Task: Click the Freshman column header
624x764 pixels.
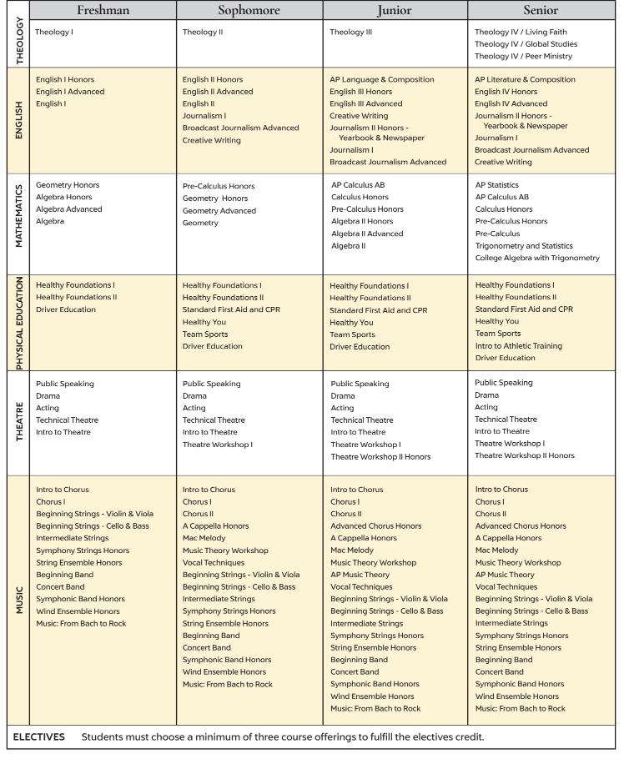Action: pos(103,11)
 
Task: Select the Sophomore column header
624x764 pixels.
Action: pos(249,11)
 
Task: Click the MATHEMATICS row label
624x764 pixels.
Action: pos(17,222)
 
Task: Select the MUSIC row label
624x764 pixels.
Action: pos(17,600)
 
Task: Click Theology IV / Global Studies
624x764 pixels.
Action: pos(526,44)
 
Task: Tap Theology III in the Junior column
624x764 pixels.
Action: pos(351,32)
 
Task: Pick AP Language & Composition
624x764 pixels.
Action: pos(382,79)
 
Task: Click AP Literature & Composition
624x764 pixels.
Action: pos(525,79)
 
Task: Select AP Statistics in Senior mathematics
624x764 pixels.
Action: pos(497,184)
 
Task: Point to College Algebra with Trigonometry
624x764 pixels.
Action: pos(537,258)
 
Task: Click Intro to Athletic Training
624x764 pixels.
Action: pos(519,345)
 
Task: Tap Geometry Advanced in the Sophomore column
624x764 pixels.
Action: pos(219,211)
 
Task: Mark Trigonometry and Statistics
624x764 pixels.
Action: pos(524,245)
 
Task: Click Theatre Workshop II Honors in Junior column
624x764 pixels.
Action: pos(380,456)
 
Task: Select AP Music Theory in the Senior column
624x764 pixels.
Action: pos(505,575)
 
